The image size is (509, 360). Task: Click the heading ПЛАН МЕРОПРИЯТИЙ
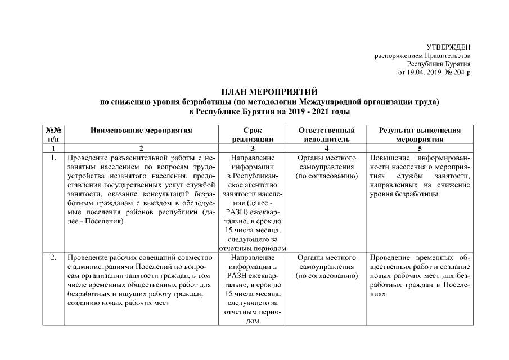tap(269, 92)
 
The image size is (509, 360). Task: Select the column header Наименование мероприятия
tap(141, 130)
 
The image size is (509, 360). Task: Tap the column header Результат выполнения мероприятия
tap(421, 134)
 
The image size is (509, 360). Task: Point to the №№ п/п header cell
tap(53, 134)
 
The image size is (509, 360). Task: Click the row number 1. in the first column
tap(53, 158)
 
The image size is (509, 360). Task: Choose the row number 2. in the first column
tap(53, 258)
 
